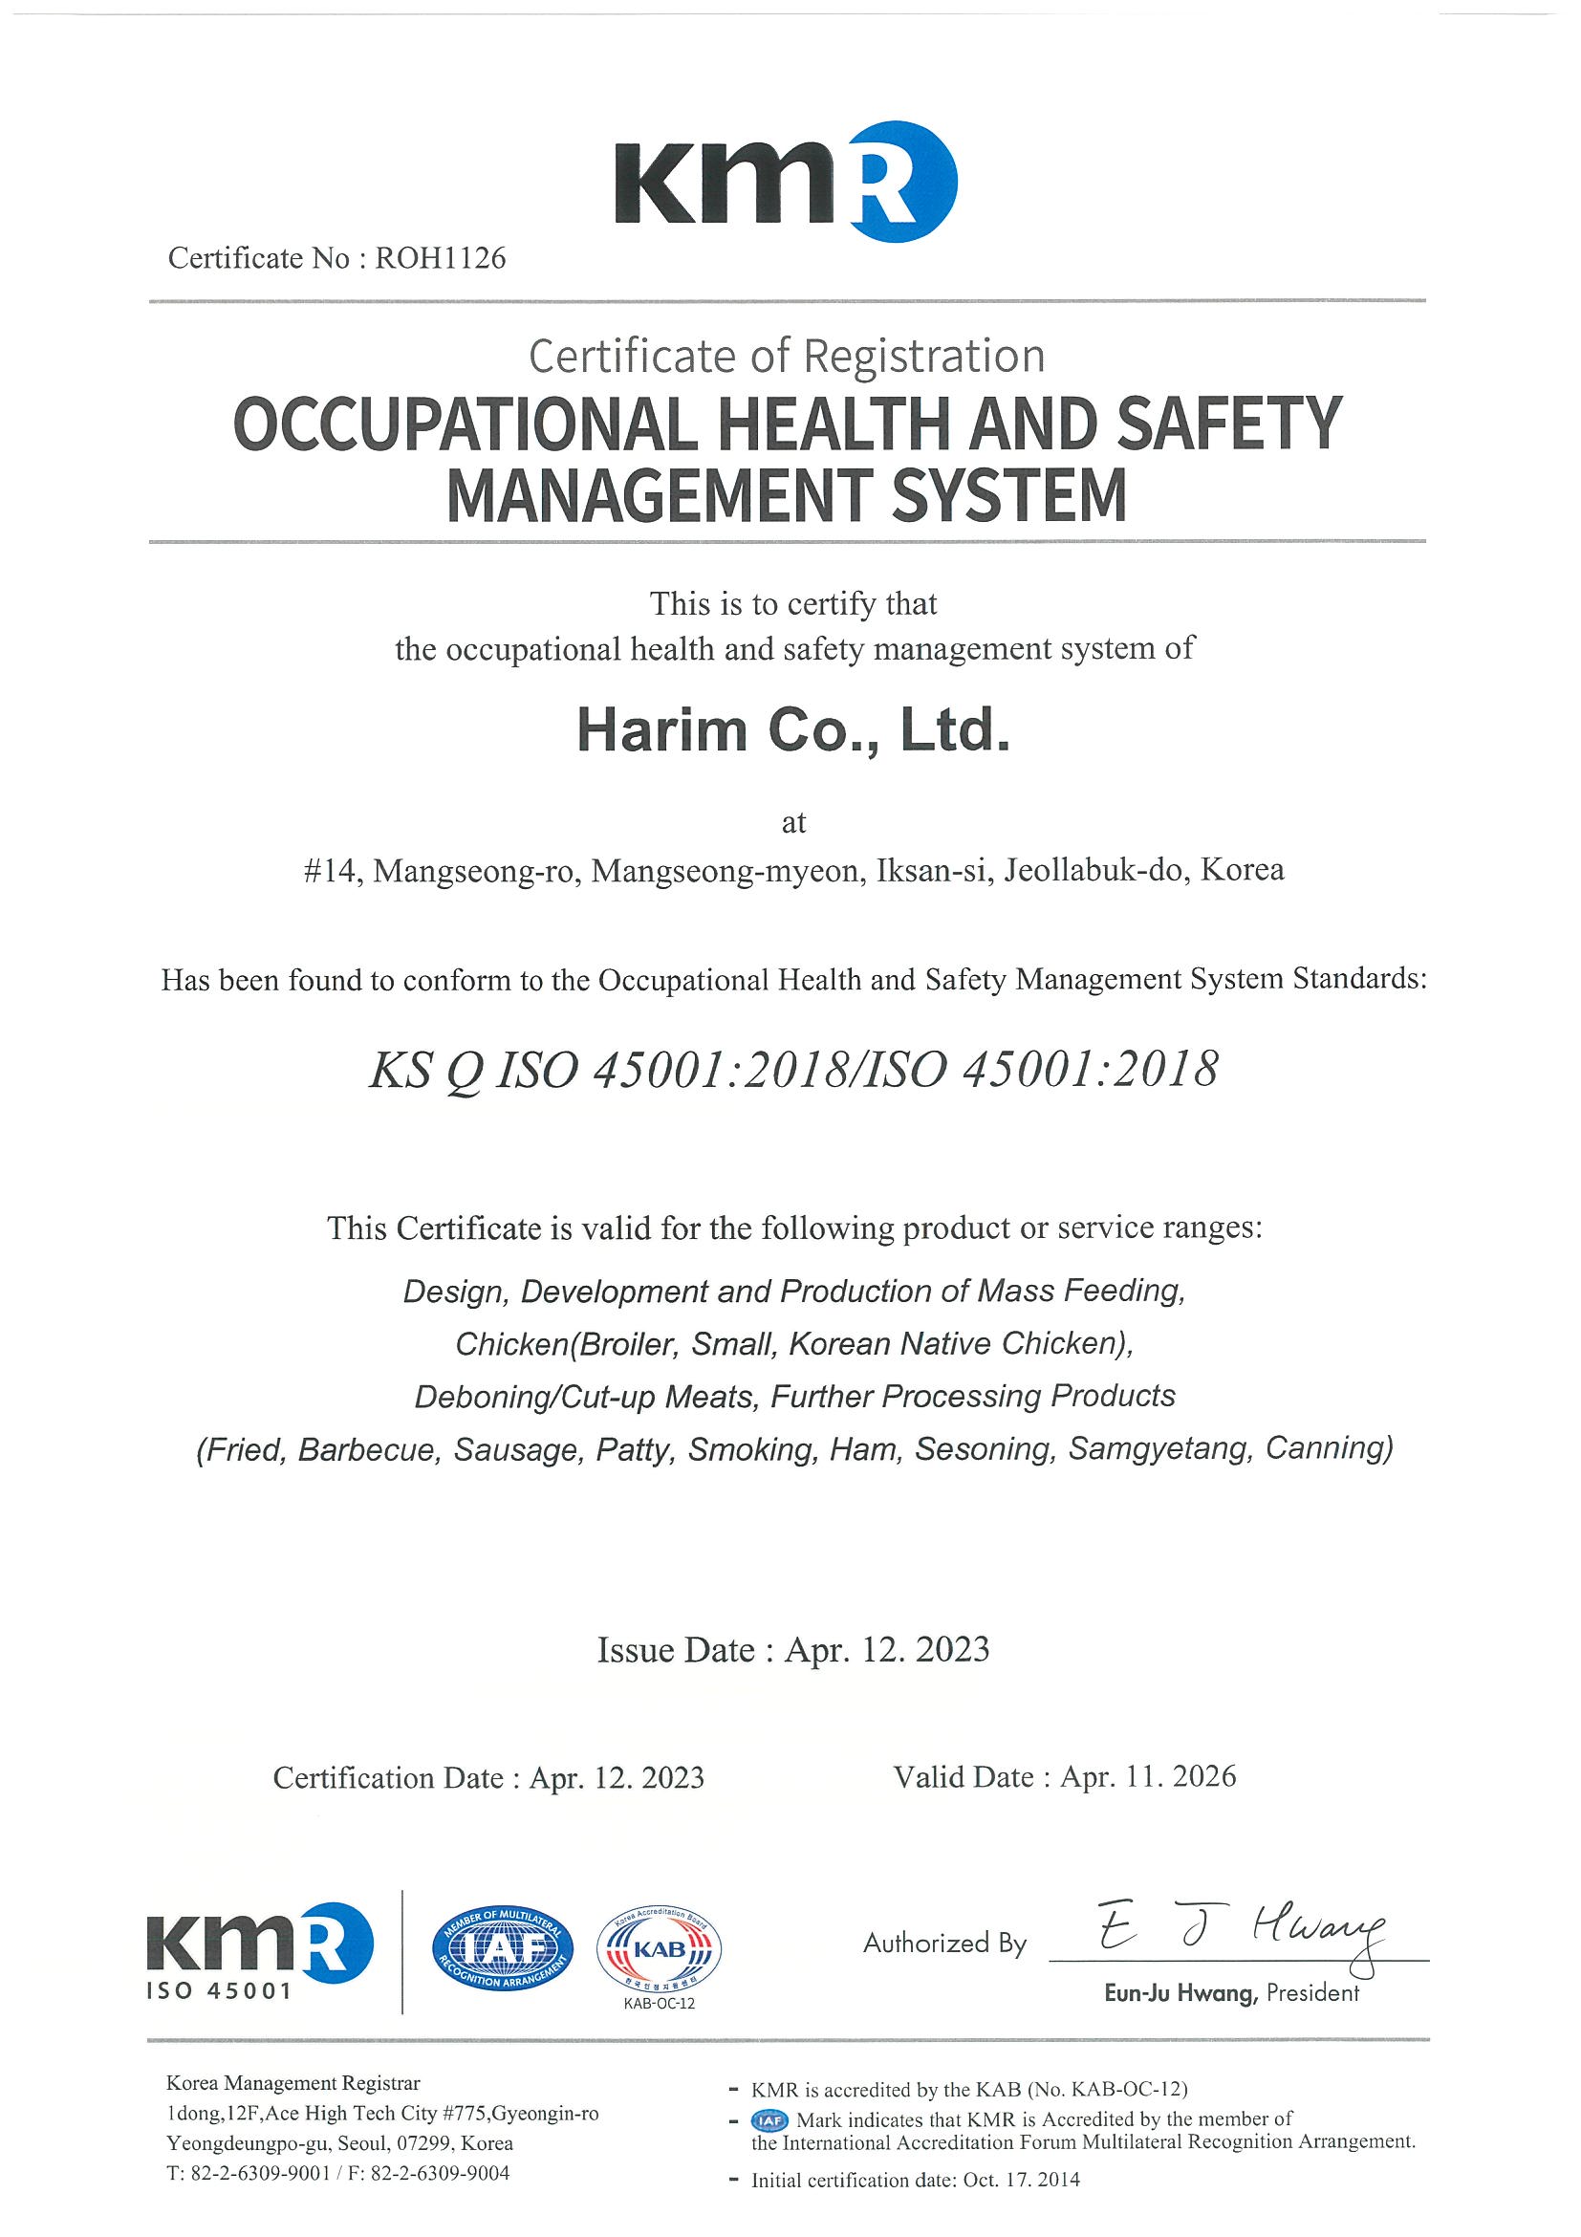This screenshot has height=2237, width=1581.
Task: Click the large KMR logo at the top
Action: click(785, 183)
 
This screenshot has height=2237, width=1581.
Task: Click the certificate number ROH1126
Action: click(441, 258)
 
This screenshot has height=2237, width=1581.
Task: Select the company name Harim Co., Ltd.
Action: click(793, 730)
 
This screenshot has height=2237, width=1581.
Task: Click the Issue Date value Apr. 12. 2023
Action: click(887, 1649)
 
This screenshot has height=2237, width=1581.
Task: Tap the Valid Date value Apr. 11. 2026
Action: click(1149, 1776)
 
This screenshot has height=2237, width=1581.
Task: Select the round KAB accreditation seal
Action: click(660, 1950)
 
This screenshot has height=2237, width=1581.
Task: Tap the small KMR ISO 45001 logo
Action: click(259, 1951)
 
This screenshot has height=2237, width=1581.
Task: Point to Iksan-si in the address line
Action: click(932, 869)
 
